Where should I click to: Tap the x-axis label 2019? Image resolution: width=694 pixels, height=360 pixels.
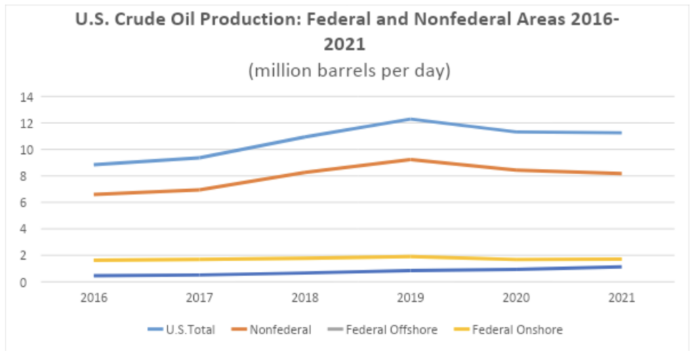coord(409,298)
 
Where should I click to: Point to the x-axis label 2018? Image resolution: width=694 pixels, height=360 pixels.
coord(304,298)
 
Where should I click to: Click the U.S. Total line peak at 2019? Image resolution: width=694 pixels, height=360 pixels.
coord(409,119)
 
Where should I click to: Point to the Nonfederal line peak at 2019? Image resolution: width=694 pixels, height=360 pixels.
coord(409,159)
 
